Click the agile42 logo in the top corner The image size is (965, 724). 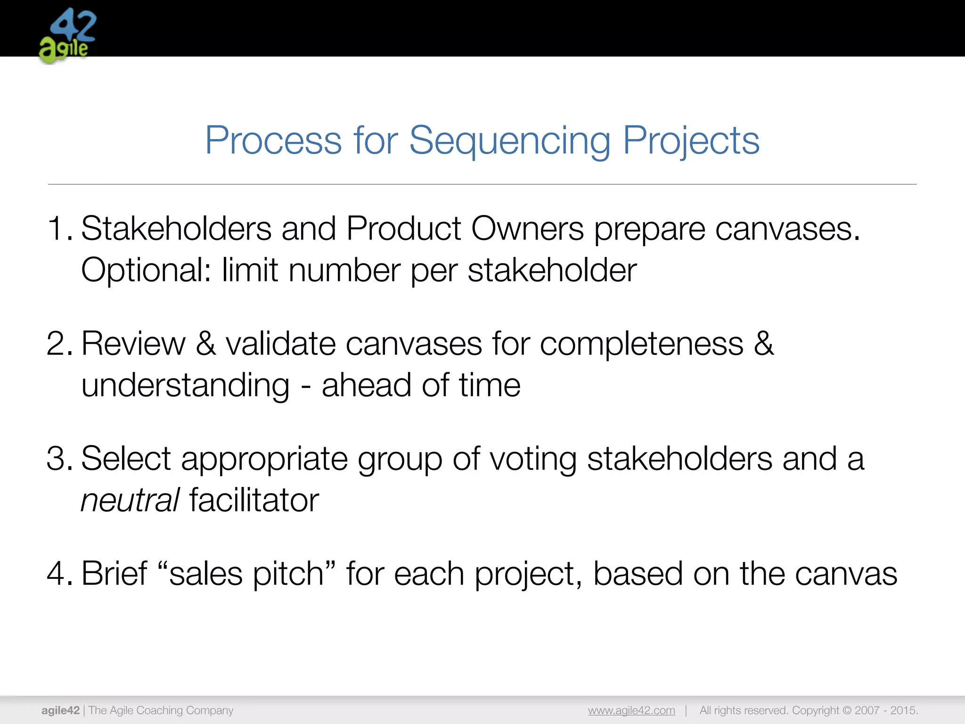[x=67, y=35]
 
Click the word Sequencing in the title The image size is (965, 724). [x=509, y=140]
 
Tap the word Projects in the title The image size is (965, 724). [x=691, y=140]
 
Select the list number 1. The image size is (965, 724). [x=58, y=229]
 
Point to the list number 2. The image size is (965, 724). [x=58, y=344]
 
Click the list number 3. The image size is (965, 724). [x=58, y=459]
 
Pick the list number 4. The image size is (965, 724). [x=58, y=574]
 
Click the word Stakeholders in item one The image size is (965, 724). [x=176, y=229]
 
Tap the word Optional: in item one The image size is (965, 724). [x=147, y=271]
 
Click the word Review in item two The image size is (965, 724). [x=133, y=344]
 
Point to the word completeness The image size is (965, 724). [x=641, y=344]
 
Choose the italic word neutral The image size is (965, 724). [x=130, y=501]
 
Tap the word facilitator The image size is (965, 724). [x=254, y=501]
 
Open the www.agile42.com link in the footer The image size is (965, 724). [x=631, y=710]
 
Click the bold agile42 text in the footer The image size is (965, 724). [x=60, y=710]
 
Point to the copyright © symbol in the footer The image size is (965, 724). [x=847, y=710]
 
